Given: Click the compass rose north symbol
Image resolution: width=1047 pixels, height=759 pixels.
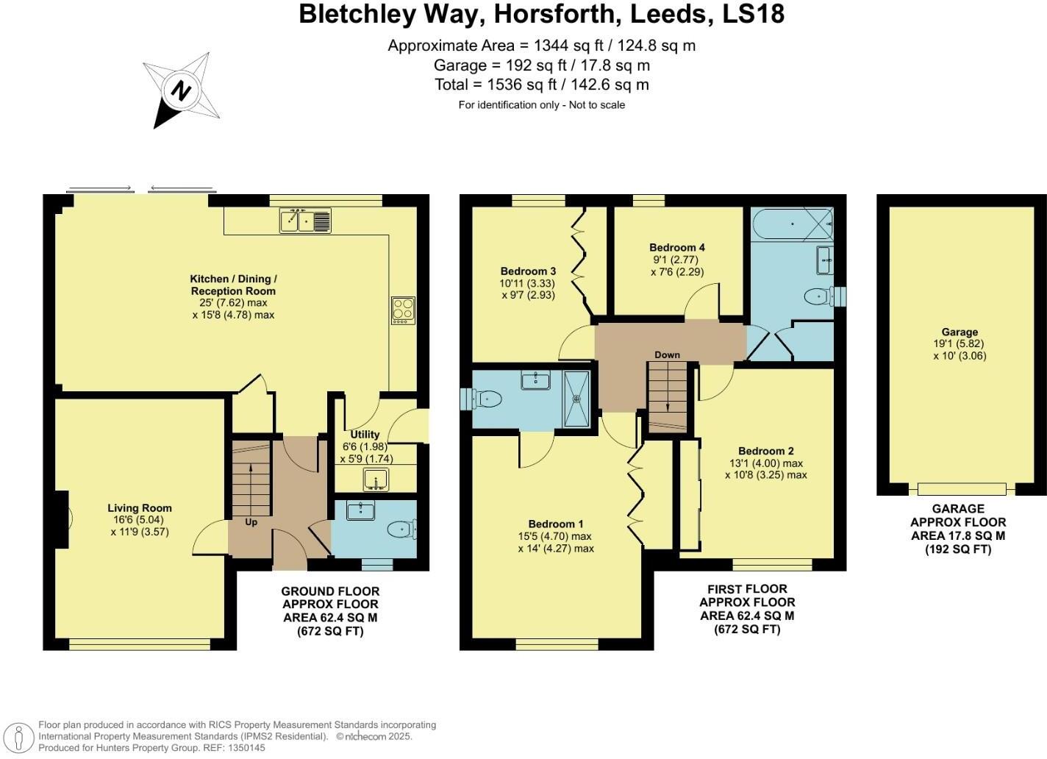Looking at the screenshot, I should [x=181, y=91].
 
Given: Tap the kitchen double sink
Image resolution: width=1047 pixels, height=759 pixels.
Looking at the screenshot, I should [x=305, y=220].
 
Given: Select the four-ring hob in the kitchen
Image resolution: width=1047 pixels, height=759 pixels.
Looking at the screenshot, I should [x=403, y=310].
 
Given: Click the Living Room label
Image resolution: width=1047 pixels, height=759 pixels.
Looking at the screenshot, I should [x=140, y=507].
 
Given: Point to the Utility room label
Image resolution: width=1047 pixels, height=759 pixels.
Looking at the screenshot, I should [x=365, y=435].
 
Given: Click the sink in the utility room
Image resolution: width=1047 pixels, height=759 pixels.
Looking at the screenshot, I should [x=377, y=480].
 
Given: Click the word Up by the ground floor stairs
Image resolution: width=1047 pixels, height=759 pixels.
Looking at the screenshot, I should [x=251, y=522].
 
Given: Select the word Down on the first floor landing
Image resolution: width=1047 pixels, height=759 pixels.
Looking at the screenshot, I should [x=667, y=354].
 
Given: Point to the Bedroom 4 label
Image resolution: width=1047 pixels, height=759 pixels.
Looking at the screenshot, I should [x=677, y=247].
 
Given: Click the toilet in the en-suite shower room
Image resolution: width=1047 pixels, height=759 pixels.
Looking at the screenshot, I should [x=487, y=399].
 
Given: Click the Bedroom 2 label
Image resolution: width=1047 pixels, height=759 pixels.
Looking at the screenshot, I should [x=766, y=451].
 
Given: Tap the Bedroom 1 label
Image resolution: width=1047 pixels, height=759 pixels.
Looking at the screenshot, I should [x=556, y=524].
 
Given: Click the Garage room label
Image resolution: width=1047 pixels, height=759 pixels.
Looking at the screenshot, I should [x=960, y=332].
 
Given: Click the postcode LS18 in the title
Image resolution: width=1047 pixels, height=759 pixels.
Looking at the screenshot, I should [x=753, y=14].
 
